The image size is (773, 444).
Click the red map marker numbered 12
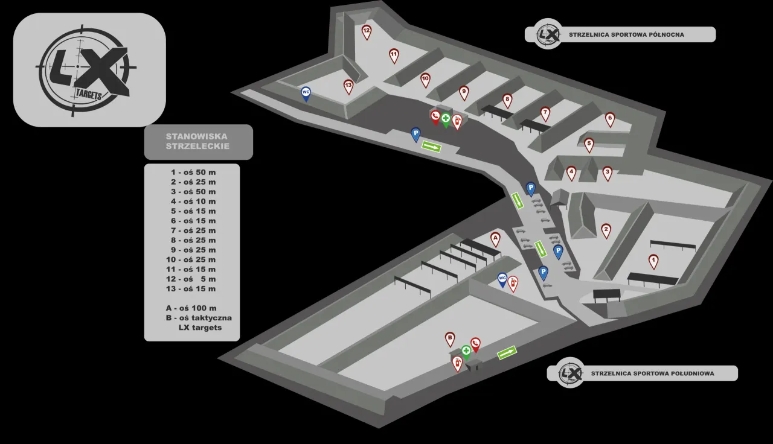tap(367, 31)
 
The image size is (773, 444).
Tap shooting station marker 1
tap(653, 261)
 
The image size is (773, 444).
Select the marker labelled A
tap(495, 239)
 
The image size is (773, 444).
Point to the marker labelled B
tap(450, 338)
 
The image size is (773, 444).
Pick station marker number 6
tap(610, 119)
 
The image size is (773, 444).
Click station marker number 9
tap(464, 92)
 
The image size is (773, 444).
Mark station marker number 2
tap(606, 230)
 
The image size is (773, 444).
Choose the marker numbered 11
tap(394, 55)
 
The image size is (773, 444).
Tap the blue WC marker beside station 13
tap(306, 93)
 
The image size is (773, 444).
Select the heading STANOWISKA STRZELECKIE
tap(198, 142)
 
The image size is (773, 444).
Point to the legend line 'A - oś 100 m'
tap(192, 308)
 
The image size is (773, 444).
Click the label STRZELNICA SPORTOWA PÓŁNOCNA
tap(626, 34)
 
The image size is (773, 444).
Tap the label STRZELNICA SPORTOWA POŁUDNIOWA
tap(652, 373)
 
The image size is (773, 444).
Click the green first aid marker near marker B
tap(466, 351)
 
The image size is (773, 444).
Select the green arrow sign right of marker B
tap(507, 352)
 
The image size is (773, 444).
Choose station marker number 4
tap(571, 173)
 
